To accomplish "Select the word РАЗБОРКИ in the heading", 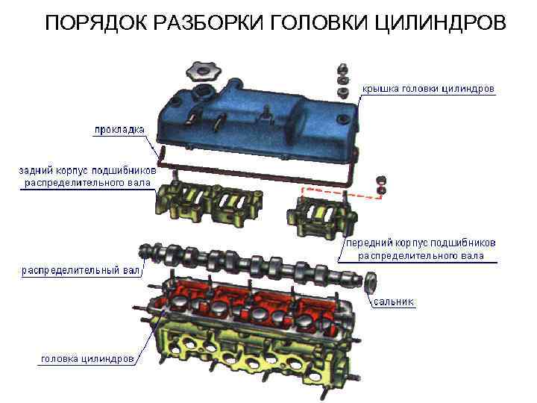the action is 209,23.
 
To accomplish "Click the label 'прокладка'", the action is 119,130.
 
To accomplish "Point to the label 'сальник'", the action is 394,302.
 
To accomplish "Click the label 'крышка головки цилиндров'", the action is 428,89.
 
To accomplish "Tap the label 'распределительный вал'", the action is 81,270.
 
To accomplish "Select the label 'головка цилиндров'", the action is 87,359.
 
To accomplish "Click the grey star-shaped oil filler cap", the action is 203,71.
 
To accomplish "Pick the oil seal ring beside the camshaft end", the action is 371,282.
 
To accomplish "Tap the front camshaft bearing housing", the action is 322,216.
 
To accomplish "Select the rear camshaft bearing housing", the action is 210,202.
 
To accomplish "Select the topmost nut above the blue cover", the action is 342,69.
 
